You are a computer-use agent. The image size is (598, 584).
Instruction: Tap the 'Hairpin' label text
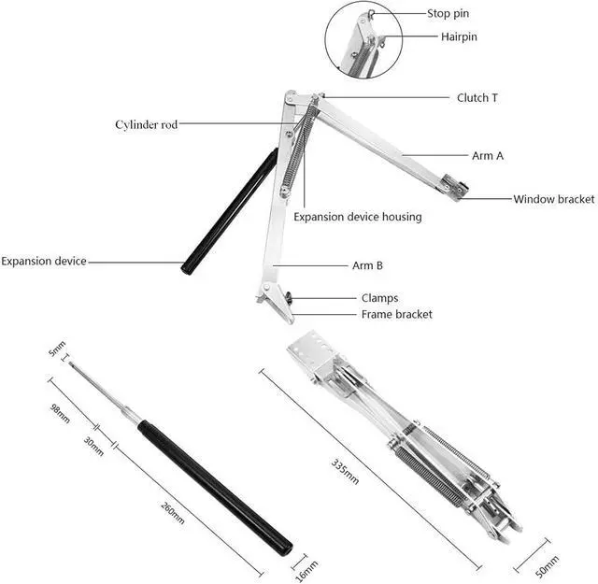[460, 37]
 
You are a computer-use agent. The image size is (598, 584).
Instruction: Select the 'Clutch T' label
[477, 98]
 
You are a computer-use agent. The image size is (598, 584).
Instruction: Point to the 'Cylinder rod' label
[146, 124]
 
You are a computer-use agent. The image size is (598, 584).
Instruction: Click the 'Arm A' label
[487, 156]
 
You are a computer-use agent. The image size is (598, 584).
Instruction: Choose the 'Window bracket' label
[553, 199]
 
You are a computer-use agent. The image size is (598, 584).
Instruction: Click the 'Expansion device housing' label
[357, 217]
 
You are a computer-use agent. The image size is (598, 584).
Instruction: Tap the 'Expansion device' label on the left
[44, 262]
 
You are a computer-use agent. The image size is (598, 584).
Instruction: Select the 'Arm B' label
[367, 265]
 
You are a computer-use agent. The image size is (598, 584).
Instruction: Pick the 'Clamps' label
[379, 298]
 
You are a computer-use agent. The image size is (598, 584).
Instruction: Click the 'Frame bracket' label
[396, 315]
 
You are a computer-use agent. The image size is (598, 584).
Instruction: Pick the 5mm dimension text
[58, 351]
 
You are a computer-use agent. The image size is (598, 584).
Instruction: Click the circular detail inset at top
[364, 42]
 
